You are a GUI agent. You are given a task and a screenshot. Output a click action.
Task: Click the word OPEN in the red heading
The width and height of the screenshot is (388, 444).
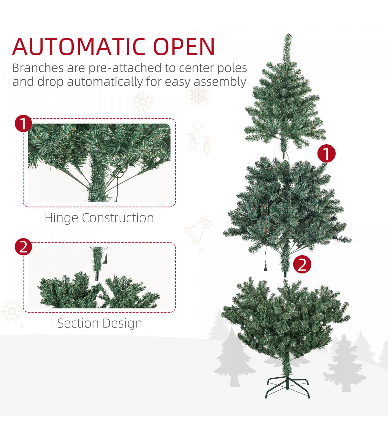[184, 47]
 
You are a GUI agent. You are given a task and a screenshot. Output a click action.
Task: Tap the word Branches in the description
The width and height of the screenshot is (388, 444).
[38, 68]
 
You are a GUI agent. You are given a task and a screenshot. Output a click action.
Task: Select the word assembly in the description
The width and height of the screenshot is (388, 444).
[220, 82]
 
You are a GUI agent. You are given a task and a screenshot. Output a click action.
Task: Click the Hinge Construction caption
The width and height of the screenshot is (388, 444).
[99, 218]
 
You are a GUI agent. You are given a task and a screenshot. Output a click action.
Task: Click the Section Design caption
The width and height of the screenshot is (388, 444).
[100, 323]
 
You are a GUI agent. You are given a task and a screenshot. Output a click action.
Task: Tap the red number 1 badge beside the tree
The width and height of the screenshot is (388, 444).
[326, 153]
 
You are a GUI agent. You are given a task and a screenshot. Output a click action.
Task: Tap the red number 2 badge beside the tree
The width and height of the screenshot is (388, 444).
[302, 264]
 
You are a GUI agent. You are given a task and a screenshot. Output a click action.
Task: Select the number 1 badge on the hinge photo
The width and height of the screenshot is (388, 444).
[23, 124]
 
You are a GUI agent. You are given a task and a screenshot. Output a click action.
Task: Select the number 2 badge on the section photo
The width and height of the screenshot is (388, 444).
[23, 247]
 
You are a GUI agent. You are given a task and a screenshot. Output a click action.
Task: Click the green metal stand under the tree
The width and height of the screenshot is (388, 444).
[287, 388]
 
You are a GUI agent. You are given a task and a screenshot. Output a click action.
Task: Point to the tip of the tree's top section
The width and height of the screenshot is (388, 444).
[288, 34]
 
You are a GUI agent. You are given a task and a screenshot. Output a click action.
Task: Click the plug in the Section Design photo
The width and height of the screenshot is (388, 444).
[105, 260]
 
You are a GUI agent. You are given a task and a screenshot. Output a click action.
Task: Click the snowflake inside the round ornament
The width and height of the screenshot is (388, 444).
[198, 95]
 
